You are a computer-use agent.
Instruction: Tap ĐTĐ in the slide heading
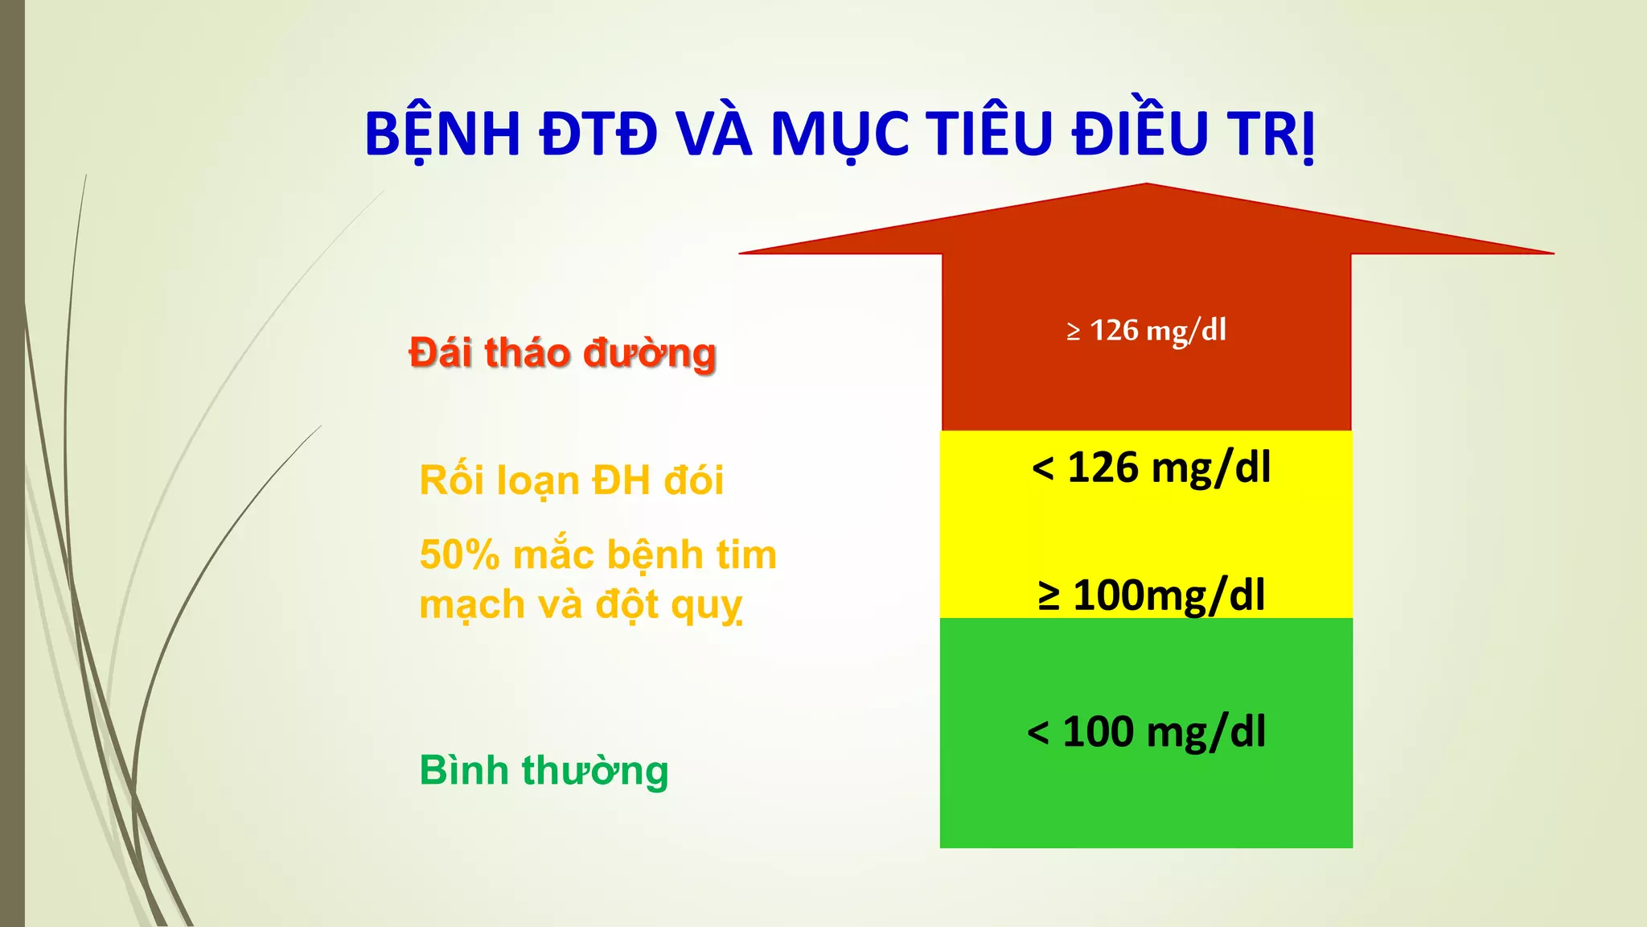[x=598, y=134]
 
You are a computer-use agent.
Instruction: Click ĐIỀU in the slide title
[x=1140, y=134]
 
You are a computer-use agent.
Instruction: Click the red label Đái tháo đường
[x=562, y=354]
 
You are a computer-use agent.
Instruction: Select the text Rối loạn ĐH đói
[x=571, y=481]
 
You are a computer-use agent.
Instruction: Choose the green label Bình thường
[x=544, y=771]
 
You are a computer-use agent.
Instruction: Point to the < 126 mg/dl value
[x=1151, y=468]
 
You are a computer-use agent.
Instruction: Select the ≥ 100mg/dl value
[x=1151, y=595]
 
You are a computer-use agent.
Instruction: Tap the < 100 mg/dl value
[x=1146, y=732]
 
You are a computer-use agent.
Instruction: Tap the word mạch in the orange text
[x=461, y=606]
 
